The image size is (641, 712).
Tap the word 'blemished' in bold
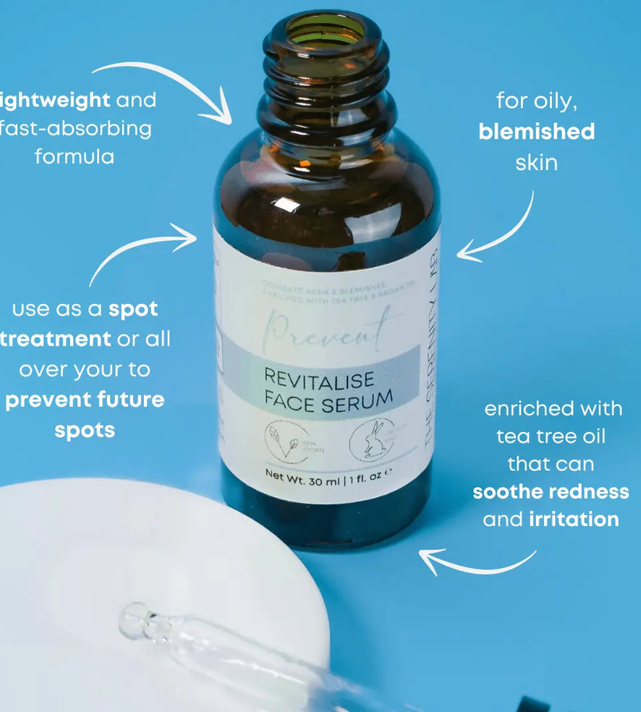[536, 132]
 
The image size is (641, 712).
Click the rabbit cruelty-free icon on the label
[372, 439]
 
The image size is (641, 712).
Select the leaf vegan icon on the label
[286, 440]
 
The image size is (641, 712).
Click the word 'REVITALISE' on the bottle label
[318, 378]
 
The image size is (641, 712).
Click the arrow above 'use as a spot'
[137, 250]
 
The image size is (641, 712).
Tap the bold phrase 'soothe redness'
[551, 492]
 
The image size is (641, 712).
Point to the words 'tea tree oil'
[551, 437]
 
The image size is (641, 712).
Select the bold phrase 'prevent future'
[85, 399]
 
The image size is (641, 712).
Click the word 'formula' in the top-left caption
[75, 156]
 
